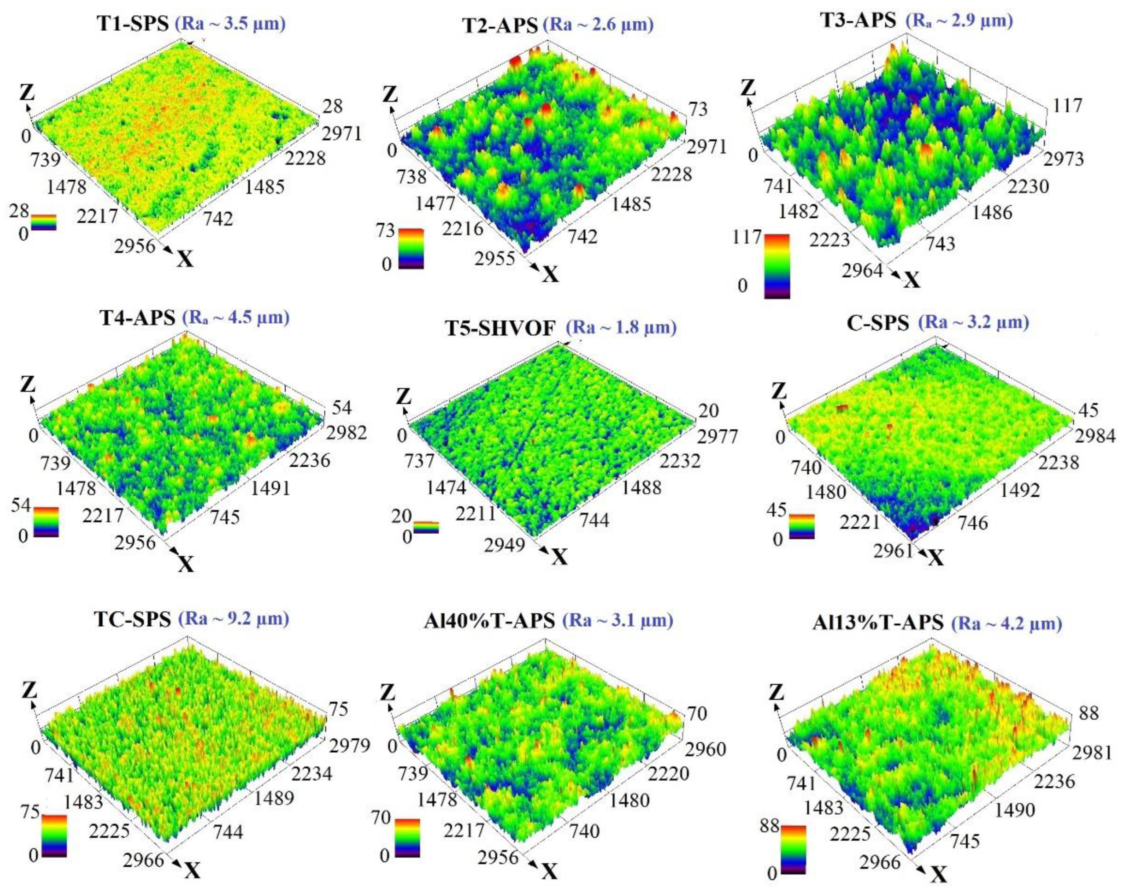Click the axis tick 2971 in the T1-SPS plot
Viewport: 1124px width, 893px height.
tap(341, 134)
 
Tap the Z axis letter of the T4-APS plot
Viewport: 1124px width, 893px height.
tap(27, 386)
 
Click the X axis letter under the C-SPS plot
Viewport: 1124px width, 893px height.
tap(937, 559)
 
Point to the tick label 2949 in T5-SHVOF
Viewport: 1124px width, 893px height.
tap(505, 545)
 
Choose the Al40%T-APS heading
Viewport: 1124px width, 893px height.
tap(489, 622)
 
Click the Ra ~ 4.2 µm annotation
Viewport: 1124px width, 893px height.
tap(1007, 624)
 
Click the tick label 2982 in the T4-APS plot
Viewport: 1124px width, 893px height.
tap(346, 433)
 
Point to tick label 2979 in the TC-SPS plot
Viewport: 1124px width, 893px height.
tap(350, 746)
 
